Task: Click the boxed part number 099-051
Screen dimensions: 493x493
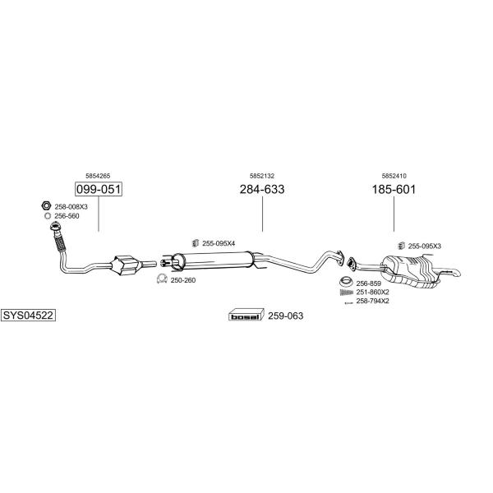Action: pyautogui.click(x=99, y=189)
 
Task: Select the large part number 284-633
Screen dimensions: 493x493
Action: pyautogui.click(x=262, y=189)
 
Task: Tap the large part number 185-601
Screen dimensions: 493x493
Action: pyautogui.click(x=394, y=189)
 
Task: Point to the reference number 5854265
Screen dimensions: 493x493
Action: pyautogui.click(x=98, y=176)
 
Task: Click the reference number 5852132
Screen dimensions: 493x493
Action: pyautogui.click(x=262, y=176)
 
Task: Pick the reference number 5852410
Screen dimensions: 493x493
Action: pyautogui.click(x=394, y=176)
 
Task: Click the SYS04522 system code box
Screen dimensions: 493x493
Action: pyautogui.click(x=28, y=315)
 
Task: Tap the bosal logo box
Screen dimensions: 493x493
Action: pyautogui.click(x=245, y=316)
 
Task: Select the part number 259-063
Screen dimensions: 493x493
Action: pyautogui.click(x=285, y=316)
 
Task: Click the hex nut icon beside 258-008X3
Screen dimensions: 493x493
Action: pyautogui.click(x=46, y=205)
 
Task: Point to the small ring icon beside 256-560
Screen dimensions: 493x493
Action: pyautogui.click(x=48, y=216)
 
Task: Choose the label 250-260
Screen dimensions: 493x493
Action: pyautogui.click(x=183, y=280)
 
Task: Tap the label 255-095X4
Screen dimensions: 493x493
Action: pyautogui.click(x=219, y=243)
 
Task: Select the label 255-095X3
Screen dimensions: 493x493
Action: pyautogui.click(x=425, y=246)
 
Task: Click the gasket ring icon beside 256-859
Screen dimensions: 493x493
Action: pyautogui.click(x=346, y=281)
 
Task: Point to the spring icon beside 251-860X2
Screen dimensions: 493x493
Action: pyautogui.click(x=347, y=293)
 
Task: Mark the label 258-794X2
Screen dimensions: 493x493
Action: pyautogui.click(x=372, y=301)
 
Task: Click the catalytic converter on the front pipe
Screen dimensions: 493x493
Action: pyautogui.click(x=125, y=265)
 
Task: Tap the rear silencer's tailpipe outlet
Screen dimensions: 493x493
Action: pyautogui.click(x=456, y=272)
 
